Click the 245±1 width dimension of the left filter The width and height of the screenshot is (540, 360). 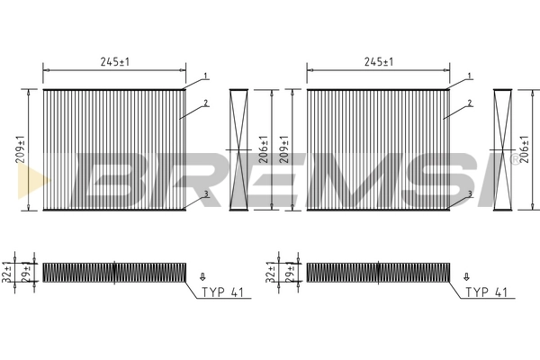coord(113,62)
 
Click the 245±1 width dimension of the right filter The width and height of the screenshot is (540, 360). coord(377,62)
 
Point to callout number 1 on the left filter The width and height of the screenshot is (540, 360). coord(206,76)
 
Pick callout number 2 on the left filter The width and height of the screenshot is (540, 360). coord(206,103)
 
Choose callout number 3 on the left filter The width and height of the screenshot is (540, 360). coord(206,193)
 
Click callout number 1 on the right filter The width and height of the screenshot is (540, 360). coord(469,76)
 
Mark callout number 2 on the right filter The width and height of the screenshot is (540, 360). coord(469,103)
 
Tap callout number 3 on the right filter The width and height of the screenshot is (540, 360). coord(469,193)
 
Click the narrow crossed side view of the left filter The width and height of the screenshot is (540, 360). coord(238,149)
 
